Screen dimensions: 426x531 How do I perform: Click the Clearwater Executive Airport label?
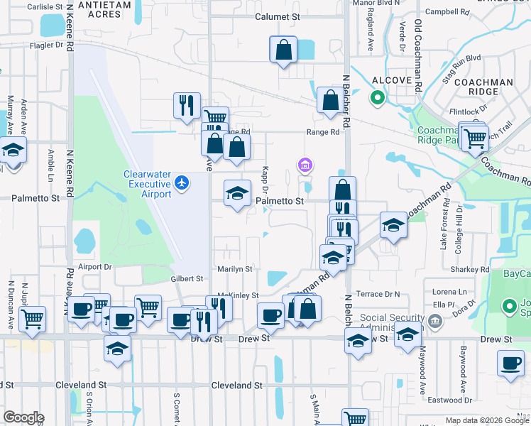pyautogui.click(x=148, y=184)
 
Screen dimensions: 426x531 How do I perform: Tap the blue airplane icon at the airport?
pyautogui.click(x=182, y=183)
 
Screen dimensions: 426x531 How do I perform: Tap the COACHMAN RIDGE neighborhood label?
pyautogui.click(x=484, y=87)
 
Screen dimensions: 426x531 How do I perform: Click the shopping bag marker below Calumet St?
pyautogui.click(x=283, y=50)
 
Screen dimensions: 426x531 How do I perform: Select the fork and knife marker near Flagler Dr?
pyautogui.click(x=187, y=105)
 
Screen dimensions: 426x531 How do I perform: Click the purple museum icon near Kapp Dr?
pyautogui.click(x=305, y=165)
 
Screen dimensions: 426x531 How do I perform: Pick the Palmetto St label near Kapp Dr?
pyautogui.click(x=280, y=201)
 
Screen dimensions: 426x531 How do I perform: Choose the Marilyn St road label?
pyautogui.click(x=235, y=269)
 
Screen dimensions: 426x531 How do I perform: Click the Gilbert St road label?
pyautogui.click(x=187, y=279)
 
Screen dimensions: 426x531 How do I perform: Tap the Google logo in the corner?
pyautogui.click(x=23, y=417)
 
